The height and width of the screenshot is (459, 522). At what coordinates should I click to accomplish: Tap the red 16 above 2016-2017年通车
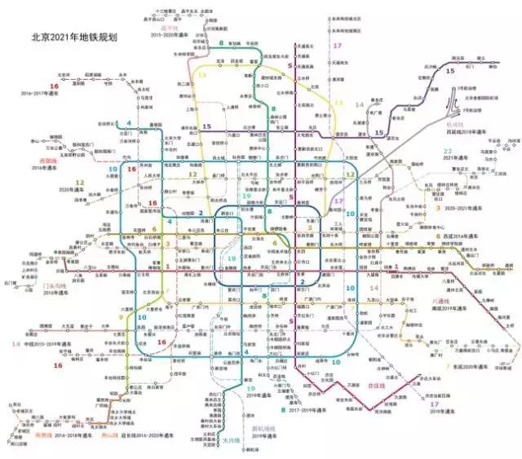55,86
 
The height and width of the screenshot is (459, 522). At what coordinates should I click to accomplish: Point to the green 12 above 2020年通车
80,182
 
